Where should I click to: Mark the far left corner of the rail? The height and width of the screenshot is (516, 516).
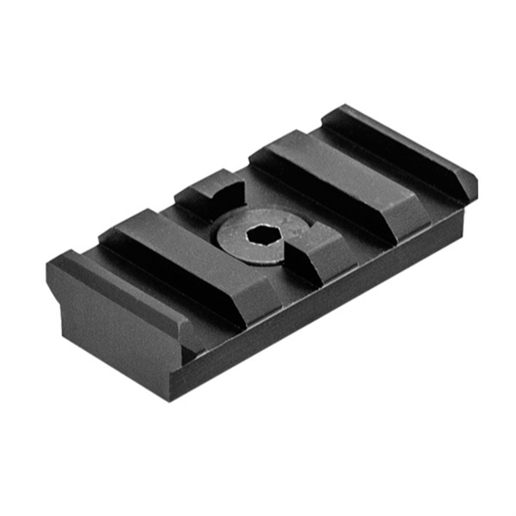click(x=47, y=266)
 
